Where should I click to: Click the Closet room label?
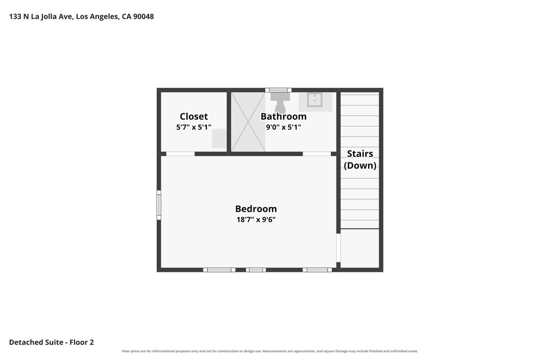point(194,116)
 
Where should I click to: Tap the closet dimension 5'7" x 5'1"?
point(194,127)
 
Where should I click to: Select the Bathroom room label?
point(283,116)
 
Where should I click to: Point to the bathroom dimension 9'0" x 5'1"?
point(283,127)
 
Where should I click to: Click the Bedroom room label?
point(256,209)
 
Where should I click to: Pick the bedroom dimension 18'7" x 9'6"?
point(256,219)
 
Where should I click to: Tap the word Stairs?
point(360,153)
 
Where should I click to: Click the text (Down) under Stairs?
point(360,165)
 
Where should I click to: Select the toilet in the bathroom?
point(279,102)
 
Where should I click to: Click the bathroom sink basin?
point(315,100)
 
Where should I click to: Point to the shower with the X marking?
point(248,122)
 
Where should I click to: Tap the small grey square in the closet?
point(219,138)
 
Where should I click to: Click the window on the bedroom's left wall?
point(159,205)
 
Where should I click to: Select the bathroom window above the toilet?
point(278,90)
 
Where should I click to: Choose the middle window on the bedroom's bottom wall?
point(256,270)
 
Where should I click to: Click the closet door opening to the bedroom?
point(180,154)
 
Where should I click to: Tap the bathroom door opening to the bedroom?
point(317,154)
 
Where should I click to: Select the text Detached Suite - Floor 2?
point(51,342)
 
